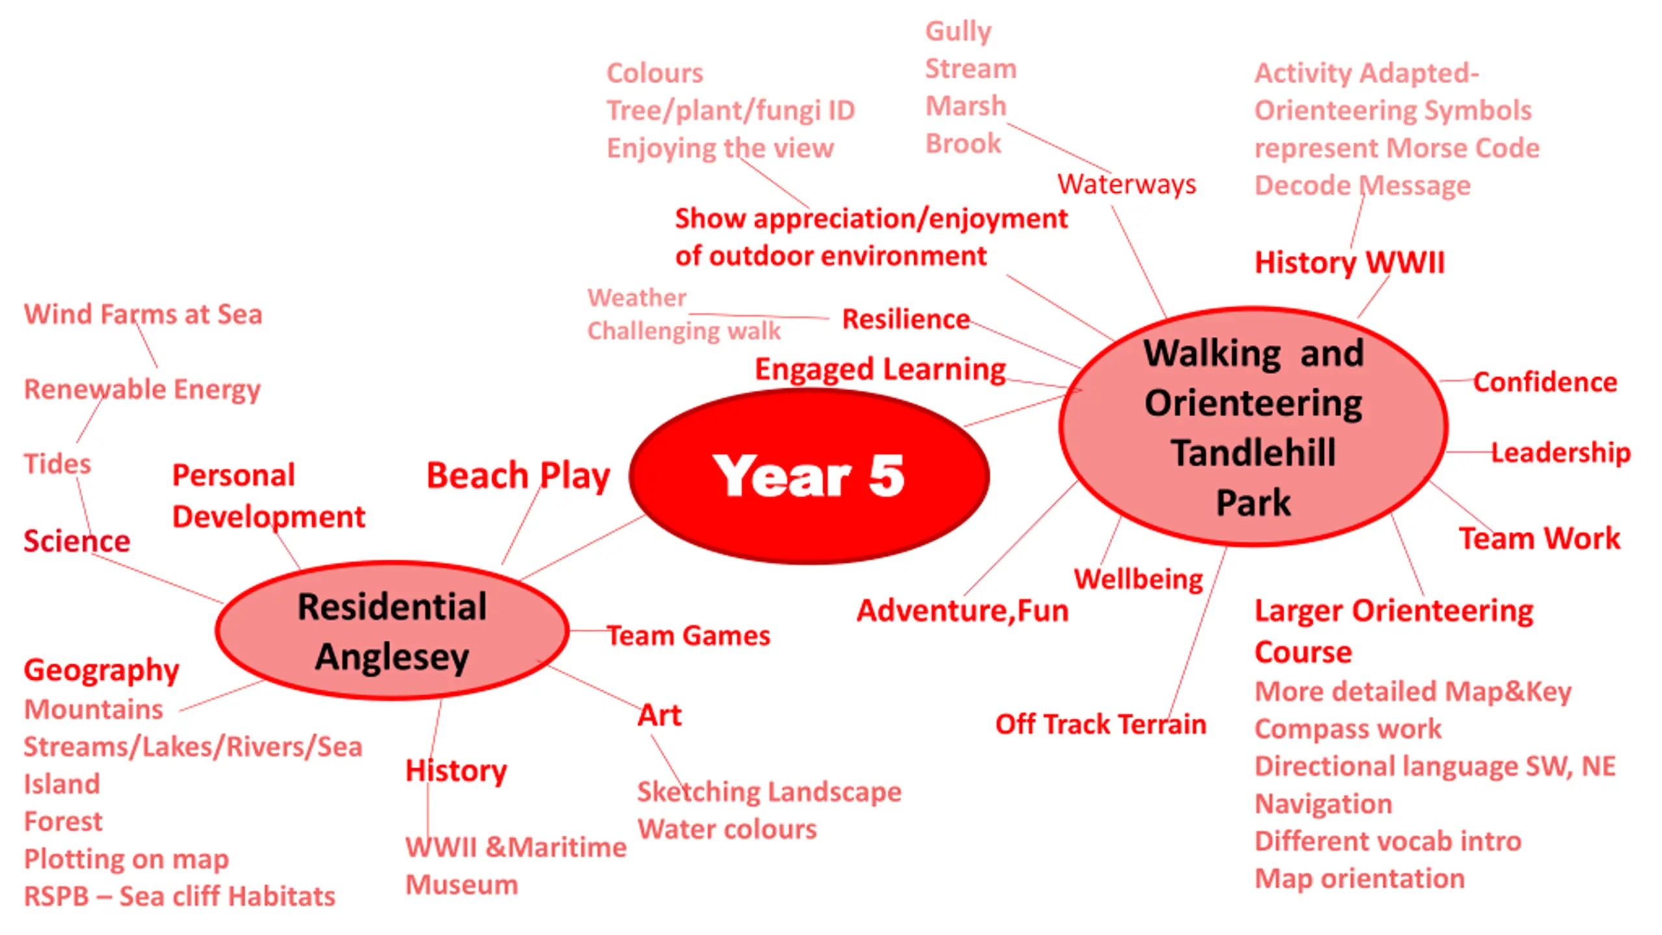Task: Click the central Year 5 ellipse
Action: point(809,476)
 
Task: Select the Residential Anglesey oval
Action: point(392,630)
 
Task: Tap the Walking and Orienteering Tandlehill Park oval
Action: point(1254,426)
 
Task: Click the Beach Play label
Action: point(518,476)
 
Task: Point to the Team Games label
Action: point(689,636)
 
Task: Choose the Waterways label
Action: point(1127,184)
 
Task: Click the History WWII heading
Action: point(1350,263)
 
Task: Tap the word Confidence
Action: point(1545,382)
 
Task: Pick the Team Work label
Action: point(1539,539)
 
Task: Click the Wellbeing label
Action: point(1139,579)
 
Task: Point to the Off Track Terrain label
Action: point(1101,724)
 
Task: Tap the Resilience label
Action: point(906,319)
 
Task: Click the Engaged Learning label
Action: point(880,370)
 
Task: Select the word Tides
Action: point(58,464)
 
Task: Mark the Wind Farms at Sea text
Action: point(143,314)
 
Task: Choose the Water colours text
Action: point(727,829)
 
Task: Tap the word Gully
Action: point(958,32)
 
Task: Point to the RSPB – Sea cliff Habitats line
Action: point(180,897)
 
